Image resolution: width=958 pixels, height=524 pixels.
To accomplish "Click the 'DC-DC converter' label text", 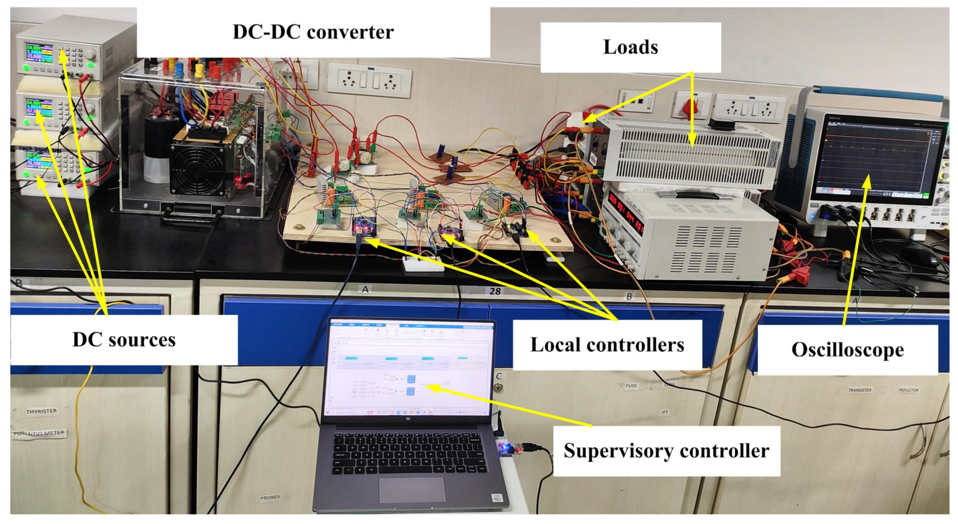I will click(x=313, y=32).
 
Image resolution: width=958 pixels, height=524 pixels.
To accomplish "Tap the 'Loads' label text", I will click(x=630, y=47).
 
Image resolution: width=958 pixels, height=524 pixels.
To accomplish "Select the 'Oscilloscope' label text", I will click(x=847, y=350).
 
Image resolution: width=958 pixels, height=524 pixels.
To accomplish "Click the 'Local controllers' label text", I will click(x=607, y=345).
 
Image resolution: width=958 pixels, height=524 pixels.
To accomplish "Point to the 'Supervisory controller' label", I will click(x=666, y=451).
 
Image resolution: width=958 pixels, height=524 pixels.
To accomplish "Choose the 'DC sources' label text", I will click(x=124, y=340).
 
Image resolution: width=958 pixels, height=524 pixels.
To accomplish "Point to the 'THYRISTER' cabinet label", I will click(x=41, y=411).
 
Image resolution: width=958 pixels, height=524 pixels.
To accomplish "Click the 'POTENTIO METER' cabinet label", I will click(x=39, y=433).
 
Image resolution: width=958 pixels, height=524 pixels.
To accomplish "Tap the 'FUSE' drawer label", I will click(x=631, y=386).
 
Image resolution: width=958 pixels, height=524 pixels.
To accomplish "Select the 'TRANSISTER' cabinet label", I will click(x=859, y=390).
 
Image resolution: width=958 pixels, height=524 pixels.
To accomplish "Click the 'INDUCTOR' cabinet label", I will click(x=908, y=390).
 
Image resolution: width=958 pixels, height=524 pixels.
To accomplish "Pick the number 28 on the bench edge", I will click(x=495, y=291).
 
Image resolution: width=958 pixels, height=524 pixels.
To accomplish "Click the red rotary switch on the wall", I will click(x=690, y=107).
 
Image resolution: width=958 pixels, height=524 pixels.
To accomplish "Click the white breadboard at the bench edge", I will click(x=422, y=264).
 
